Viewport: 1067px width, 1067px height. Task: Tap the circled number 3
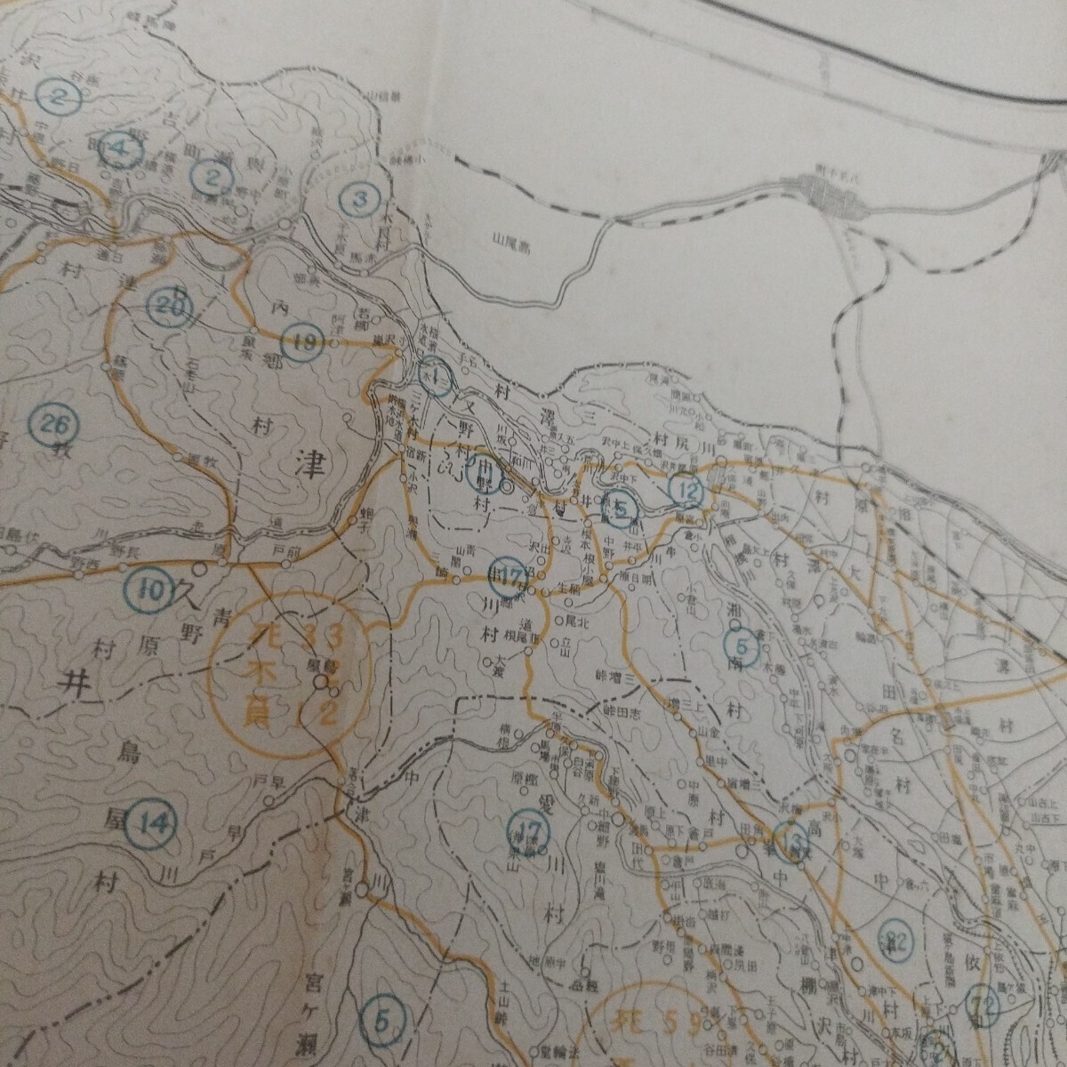(359, 198)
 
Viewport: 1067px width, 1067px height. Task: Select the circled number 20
(169, 306)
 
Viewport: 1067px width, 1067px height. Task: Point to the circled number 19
(301, 341)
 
